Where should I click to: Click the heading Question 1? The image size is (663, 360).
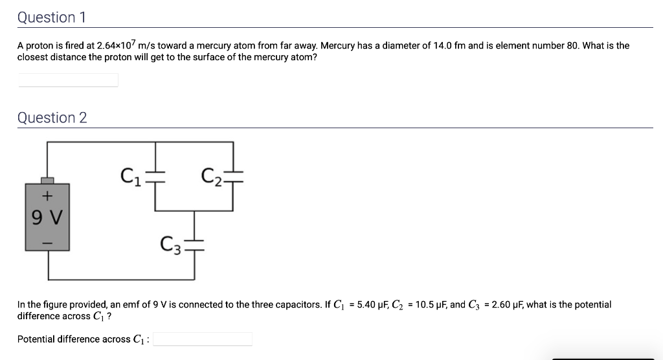[x=52, y=17]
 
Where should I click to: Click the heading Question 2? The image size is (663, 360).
[x=52, y=118]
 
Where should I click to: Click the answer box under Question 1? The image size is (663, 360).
[x=68, y=80]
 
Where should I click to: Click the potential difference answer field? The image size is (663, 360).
[x=203, y=339]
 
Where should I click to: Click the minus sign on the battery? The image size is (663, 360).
[x=47, y=242]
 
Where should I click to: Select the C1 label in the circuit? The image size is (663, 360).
[x=131, y=175]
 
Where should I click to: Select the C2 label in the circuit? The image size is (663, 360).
[x=212, y=175]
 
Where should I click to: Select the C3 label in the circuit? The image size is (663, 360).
[x=171, y=245]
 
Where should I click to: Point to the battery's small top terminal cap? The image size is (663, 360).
[x=47, y=180]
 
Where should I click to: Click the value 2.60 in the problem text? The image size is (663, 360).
[x=502, y=304]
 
